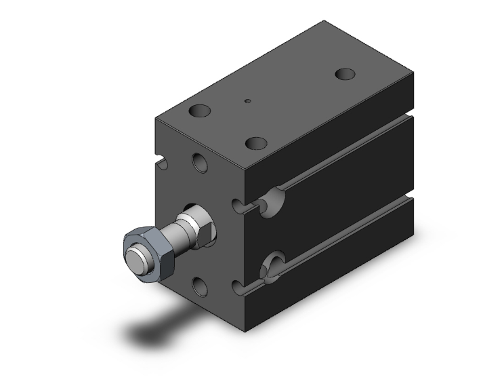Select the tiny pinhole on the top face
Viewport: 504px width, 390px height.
coord(248,102)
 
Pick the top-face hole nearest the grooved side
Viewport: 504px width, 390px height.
coord(256,143)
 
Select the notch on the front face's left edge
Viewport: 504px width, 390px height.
coord(163,163)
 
